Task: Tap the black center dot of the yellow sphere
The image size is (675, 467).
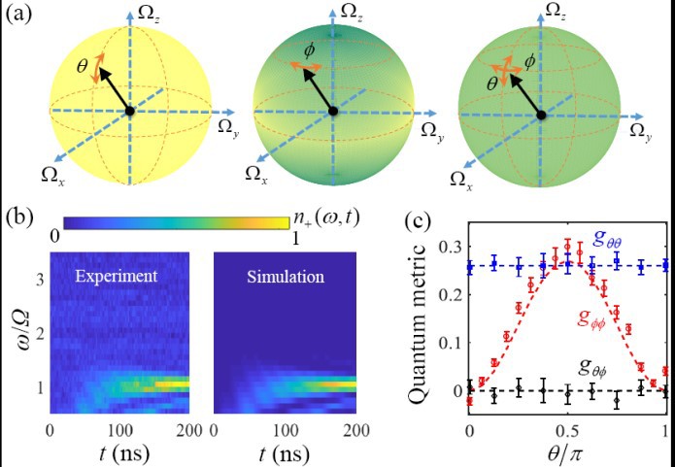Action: (x=130, y=112)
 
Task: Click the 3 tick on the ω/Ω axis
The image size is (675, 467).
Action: (x=39, y=282)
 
